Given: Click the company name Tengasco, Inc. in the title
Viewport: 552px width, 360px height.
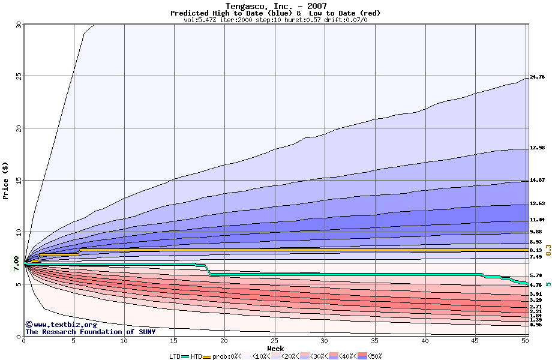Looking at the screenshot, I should coord(255,7).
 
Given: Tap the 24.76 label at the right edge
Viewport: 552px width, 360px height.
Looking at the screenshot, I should coord(537,77).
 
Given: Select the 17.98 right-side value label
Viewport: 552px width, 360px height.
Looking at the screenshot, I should coord(537,148).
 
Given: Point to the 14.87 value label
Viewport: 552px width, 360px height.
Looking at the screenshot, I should coord(537,181).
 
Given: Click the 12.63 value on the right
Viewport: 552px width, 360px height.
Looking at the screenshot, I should coord(537,204).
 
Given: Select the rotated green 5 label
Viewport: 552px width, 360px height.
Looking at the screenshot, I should coord(548,284).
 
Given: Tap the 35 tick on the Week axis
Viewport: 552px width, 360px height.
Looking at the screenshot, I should coord(375,341).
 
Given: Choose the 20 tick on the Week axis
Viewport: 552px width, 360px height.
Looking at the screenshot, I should coord(224,341).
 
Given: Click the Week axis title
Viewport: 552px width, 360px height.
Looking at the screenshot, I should coord(275,349).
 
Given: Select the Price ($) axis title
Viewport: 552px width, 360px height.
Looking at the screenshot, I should coord(5,180).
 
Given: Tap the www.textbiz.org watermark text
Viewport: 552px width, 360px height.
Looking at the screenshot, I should coord(56,325).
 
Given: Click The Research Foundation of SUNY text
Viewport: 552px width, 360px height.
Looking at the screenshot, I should coord(90,332).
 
